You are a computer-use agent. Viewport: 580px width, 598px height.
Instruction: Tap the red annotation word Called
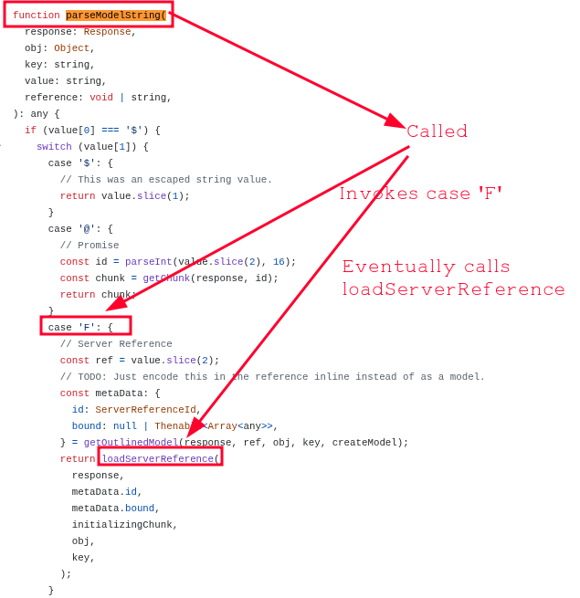437,131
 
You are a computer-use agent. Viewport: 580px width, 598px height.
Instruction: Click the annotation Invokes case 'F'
420,194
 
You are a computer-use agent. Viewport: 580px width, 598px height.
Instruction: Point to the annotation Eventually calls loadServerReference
453,278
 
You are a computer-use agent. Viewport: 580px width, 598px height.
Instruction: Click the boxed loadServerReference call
160,458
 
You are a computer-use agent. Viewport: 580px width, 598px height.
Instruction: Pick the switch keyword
54,146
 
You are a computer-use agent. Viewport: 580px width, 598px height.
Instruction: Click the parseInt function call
146,261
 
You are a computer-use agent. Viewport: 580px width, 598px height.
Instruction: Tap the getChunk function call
165,278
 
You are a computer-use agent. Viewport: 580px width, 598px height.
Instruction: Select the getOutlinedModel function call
132,442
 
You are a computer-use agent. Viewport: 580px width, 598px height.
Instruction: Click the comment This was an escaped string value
166,179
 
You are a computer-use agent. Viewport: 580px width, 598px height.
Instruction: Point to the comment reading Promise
90,245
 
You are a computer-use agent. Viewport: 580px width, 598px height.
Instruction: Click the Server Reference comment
116,343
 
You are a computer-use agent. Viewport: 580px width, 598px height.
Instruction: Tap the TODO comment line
272,376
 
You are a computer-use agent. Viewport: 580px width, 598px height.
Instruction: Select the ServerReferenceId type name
145,409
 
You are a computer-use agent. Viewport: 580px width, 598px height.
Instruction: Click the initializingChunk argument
124,524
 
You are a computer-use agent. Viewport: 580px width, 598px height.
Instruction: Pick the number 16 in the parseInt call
279,261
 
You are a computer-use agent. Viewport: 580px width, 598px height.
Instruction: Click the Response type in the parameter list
107,31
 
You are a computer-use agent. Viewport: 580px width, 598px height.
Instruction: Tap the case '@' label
80,228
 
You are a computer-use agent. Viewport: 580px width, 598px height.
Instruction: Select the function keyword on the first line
37,16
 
